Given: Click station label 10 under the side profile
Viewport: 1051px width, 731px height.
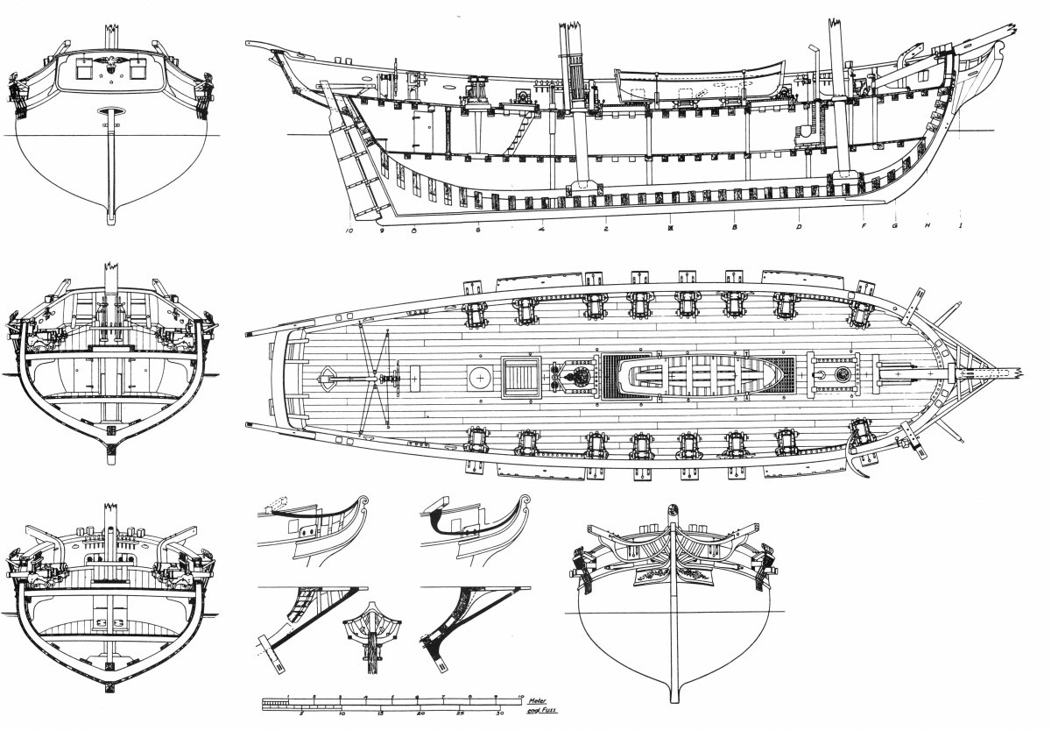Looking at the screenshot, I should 349,231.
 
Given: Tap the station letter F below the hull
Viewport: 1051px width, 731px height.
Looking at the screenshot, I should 864,226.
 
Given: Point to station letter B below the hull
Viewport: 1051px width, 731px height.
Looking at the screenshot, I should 735,228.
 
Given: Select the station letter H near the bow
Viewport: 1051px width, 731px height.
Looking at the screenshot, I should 926,225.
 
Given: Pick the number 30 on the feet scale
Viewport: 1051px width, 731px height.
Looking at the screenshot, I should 499,713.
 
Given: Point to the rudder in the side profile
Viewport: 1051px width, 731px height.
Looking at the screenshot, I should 362,158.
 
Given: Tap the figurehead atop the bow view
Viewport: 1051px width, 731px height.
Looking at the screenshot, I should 673,512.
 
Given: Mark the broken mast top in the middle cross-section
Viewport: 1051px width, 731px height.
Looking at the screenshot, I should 111,268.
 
